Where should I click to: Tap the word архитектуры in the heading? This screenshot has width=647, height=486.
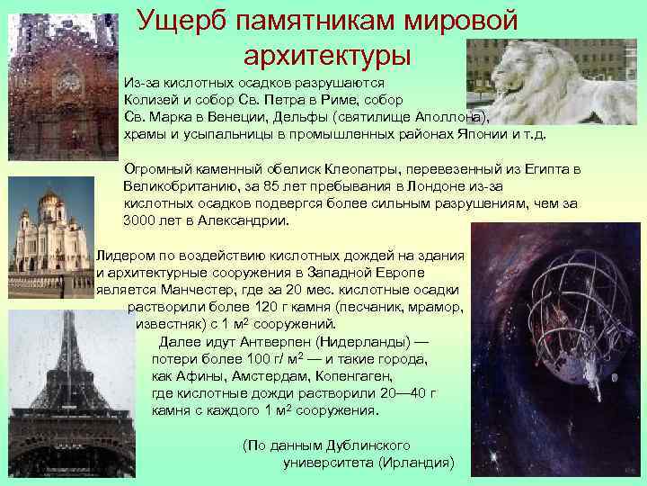(326, 55)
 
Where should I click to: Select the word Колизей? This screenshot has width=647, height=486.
(150, 99)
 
